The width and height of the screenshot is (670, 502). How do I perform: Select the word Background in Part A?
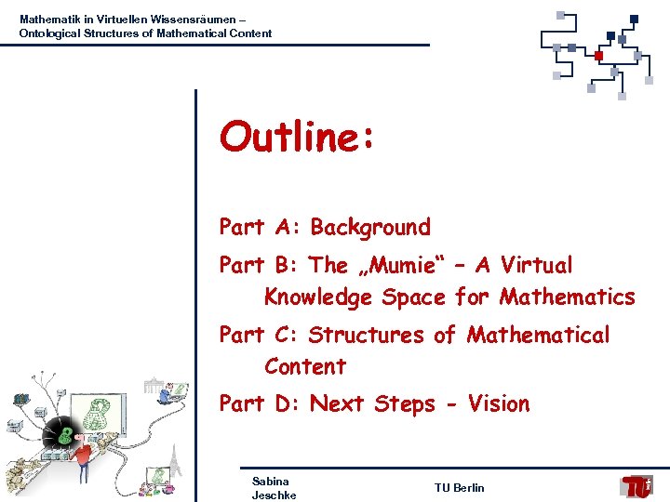[x=370, y=228]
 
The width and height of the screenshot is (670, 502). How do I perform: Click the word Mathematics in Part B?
[x=568, y=297]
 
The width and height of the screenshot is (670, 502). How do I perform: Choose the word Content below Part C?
[x=305, y=366]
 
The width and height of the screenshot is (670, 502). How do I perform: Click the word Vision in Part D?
[x=499, y=403]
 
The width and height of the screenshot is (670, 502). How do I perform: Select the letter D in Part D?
[x=289, y=403]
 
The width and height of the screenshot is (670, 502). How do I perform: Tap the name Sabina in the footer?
[x=270, y=481]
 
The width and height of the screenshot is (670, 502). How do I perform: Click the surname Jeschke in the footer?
[x=274, y=495]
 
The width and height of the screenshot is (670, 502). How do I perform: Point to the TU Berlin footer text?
[x=459, y=488]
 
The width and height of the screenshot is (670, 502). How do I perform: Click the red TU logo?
[x=637, y=486]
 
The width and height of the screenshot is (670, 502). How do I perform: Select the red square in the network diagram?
[x=598, y=56]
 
